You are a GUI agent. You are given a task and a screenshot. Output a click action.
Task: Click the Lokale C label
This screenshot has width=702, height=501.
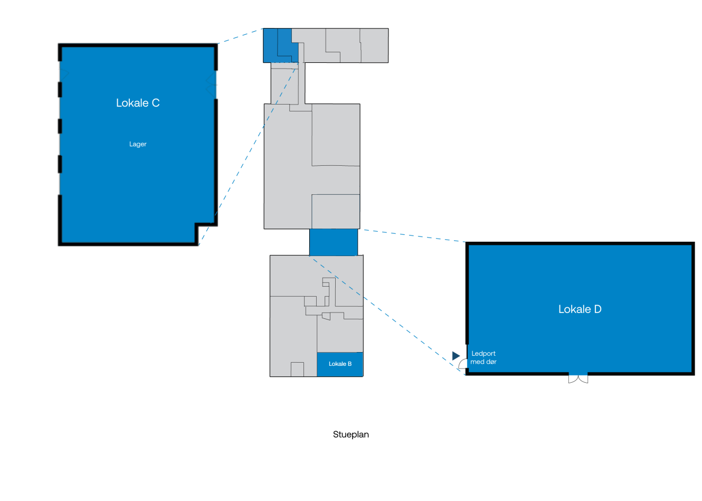pos(138,103)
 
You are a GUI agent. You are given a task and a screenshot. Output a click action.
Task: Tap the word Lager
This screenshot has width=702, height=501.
pos(138,144)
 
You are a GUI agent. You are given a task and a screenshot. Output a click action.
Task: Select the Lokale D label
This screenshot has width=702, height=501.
pos(580,309)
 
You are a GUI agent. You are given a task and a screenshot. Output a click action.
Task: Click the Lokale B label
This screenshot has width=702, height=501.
pos(340,364)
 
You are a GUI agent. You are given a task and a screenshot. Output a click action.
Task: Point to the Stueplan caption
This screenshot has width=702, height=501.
pos(350,434)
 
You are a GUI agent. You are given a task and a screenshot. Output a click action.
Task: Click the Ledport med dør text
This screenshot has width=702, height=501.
pos(483,357)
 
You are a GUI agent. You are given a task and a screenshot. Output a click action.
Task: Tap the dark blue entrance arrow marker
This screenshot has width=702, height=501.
pos(456,355)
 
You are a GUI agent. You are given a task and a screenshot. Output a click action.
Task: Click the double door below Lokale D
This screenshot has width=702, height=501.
pos(578,379)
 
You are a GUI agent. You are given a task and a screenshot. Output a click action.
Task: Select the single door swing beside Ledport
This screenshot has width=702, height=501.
pos(462,364)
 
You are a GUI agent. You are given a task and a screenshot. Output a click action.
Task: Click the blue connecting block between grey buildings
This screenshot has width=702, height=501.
pos(334,242)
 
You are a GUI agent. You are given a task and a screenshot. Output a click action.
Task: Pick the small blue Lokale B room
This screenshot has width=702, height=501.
pos(340,364)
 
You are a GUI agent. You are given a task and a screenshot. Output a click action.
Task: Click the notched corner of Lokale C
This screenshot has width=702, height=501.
pos(196,225)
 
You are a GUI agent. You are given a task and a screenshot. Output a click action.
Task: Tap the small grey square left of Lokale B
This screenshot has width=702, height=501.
pos(297,370)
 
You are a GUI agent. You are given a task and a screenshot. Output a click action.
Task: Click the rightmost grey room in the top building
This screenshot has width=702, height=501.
pos(374,45)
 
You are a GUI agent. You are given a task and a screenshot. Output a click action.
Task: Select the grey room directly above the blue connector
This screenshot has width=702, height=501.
pos(336,212)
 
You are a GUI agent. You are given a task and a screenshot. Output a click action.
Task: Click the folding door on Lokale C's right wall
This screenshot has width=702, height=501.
pos(211,84)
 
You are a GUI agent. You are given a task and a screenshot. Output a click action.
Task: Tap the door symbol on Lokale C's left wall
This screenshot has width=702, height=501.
pos(64,74)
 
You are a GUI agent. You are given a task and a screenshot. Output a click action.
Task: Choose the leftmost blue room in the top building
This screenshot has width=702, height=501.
pos(270,45)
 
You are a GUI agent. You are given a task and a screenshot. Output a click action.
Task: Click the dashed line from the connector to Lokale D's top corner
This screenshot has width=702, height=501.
pos(414,236)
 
